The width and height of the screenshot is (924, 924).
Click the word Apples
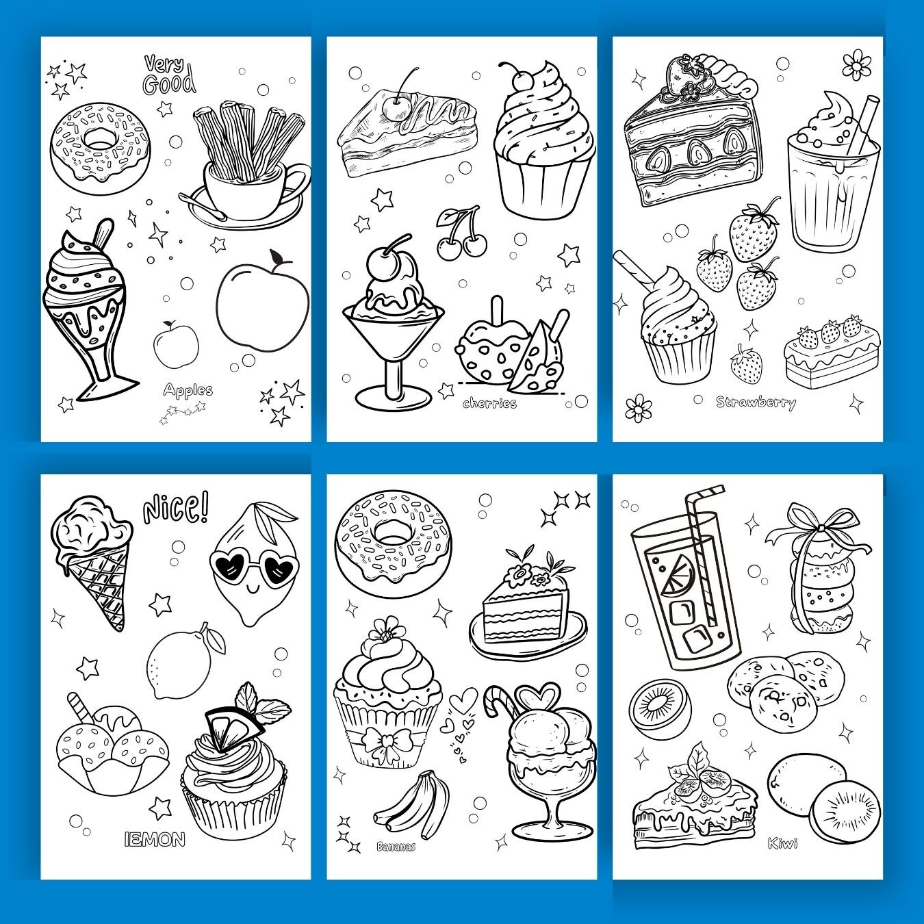click(188, 389)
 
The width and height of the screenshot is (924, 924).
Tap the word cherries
click(489, 403)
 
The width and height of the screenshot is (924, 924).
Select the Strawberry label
click(756, 402)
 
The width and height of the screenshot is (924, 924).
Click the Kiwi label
click(782, 843)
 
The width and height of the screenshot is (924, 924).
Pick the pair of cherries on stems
click(461, 233)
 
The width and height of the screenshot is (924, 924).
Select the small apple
click(176, 342)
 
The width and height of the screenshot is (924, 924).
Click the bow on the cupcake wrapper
click(382, 741)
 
